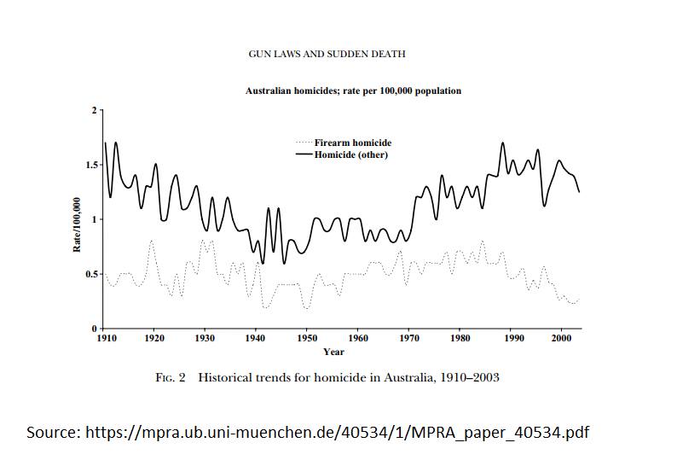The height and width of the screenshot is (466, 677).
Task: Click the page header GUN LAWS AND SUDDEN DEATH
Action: click(327, 54)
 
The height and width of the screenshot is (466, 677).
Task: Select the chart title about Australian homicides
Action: click(353, 90)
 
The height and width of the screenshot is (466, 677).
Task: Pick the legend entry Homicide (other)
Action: click(350, 154)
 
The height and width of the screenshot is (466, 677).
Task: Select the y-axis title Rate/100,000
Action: click(77, 224)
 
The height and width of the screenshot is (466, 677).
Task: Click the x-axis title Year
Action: click(333, 351)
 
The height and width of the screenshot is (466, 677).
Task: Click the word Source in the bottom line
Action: click(53, 433)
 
